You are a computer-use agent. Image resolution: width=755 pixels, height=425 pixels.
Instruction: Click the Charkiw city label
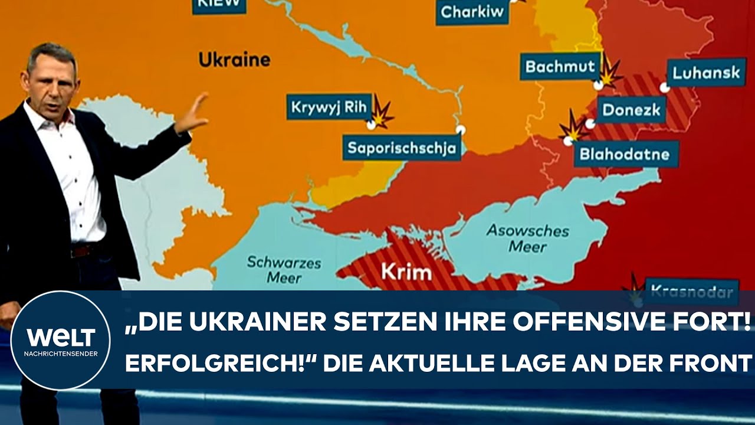tap(472, 12)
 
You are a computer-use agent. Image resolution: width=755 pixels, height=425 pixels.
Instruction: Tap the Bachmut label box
tap(560, 67)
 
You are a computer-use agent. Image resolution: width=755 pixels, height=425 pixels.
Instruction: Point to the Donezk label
tap(634, 110)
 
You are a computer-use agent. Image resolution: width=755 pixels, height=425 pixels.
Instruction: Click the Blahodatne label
tap(624, 154)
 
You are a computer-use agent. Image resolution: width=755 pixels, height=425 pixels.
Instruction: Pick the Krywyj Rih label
tap(330, 107)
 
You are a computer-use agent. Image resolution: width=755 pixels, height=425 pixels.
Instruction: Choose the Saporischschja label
tap(402, 148)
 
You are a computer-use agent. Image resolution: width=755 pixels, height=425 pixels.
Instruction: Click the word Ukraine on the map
tap(234, 60)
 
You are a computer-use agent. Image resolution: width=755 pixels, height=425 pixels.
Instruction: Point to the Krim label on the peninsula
tap(406, 273)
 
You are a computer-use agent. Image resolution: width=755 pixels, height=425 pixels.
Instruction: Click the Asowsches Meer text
tap(528, 238)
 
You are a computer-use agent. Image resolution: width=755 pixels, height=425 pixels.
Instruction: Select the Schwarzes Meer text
tap(284, 269)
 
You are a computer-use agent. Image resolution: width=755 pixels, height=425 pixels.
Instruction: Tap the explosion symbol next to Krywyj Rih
tap(382, 114)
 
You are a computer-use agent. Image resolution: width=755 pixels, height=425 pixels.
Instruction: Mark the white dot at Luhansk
tap(665, 88)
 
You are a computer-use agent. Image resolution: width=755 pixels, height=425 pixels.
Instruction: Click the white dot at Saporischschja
tap(461, 130)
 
